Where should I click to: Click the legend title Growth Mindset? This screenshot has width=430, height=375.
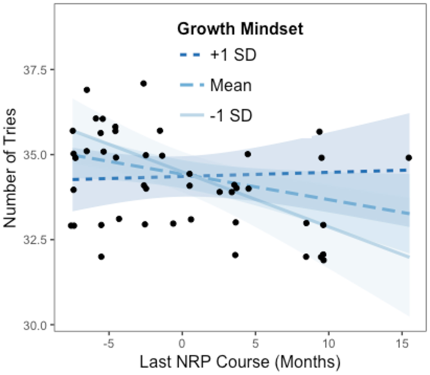click(240, 29)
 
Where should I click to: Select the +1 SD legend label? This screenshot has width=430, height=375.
click(233, 55)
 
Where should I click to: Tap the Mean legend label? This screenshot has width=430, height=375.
click(231, 85)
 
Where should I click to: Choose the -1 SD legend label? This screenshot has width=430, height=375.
click(231, 115)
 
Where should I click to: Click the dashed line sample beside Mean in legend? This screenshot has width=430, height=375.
click(193, 85)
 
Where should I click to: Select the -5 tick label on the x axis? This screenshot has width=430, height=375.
click(107, 343)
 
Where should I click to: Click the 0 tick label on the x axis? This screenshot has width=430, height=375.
click(182, 343)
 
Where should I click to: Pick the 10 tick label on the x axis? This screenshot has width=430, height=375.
click(329, 343)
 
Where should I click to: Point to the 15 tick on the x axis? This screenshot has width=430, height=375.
click(402, 343)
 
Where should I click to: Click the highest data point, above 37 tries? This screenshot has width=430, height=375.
click(143, 83)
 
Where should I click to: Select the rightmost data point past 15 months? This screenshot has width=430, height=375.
click(408, 158)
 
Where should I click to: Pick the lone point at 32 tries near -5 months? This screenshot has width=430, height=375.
click(101, 257)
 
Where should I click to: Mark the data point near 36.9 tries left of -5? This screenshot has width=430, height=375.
click(87, 90)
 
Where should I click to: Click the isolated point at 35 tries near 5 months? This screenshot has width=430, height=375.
click(248, 154)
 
